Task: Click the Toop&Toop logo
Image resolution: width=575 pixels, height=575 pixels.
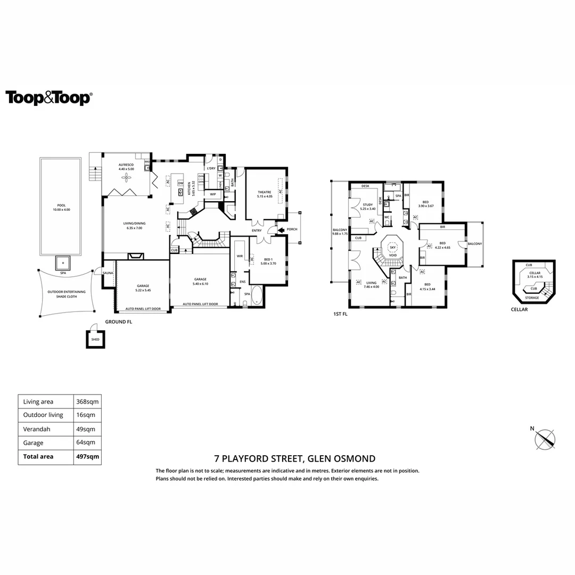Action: [48, 98]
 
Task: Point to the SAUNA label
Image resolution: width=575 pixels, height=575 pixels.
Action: [108, 273]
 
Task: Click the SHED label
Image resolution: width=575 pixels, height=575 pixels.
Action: [95, 339]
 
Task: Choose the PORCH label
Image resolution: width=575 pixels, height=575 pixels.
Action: [292, 230]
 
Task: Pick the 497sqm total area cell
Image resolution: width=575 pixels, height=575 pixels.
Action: [87, 456]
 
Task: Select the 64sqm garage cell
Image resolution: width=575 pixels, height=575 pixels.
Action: [86, 442]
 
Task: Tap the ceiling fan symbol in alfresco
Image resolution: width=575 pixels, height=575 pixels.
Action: [127, 177]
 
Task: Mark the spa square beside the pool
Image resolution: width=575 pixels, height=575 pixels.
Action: [63, 262]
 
